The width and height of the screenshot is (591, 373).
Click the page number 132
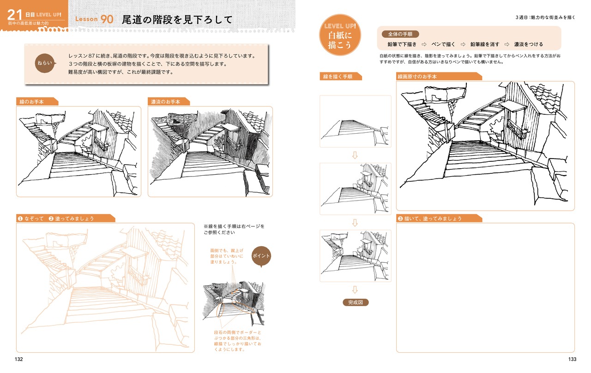pyautogui.click(x=19, y=359)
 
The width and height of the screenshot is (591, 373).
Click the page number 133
pyautogui.click(x=572, y=359)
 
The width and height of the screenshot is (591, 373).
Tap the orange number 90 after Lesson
pyautogui.click(x=107, y=19)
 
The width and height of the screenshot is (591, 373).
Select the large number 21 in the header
pyautogui.click(x=14, y=15)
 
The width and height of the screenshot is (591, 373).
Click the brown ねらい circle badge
pyautogui.click(x=45, y=63)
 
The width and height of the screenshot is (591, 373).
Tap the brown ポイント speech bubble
pyautogui.click(x=261, y=256)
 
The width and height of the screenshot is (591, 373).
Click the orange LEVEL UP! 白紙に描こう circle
pyautogui.click(x=340, y=35)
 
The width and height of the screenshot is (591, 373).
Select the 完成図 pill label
pyautogui.click(x=356, y=302)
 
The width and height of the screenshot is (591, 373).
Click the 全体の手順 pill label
pyautogui.click(x=400, y=34)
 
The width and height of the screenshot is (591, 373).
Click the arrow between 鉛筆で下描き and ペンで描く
pyautogui.click(x=424, y=44)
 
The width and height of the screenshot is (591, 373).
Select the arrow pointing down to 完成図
pyautogui.click(x=355, y=290)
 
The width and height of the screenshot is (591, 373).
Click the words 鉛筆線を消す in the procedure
pyautogui.click(x=485, y=44)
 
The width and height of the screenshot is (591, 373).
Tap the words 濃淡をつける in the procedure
pyautogui.click(x=529, y=44)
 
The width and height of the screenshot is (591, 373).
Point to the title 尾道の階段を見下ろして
pyautogui.click(x=177, y=19)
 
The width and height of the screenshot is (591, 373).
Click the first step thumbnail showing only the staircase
pyautogui.click(x=356, y=121)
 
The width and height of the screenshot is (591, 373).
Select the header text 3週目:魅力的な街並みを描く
pyautogui.click(x=545, y=18)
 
